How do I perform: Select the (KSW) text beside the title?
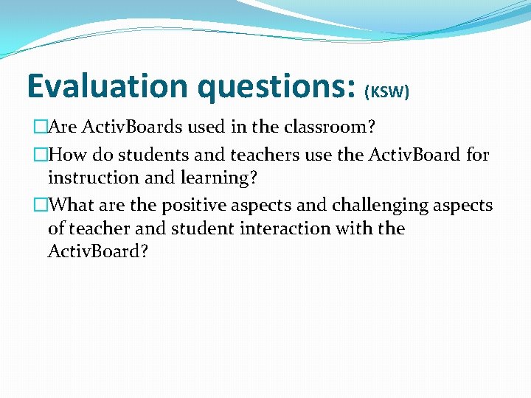tap(387, 91)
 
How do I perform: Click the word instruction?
tap(94, 178)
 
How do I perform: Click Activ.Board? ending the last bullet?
tap(98, 251)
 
